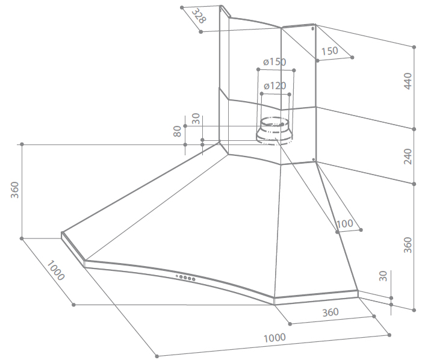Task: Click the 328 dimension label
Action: tap(199, 16)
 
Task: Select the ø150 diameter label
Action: tap(274, 62)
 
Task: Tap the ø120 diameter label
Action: tap(275, 86)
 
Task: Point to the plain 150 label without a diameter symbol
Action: tap(330, 51)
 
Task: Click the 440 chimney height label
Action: tap(408, 81)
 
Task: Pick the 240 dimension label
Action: tap(408, 157)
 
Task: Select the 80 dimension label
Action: tap(178, 131)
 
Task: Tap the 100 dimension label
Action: tap(345, 224)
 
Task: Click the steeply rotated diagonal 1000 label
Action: tap(56, 270)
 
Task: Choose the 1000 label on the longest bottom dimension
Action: tap(274, 338)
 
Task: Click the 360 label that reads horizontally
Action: tap(330, 312)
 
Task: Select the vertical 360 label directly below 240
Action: tap(408, 245)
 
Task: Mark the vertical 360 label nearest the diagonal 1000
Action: tap(14, 190)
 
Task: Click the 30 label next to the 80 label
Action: tap(196, 119)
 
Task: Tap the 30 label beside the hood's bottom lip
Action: tap(383, 276)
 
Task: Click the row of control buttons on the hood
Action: tap(185, 278)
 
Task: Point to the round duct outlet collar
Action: tap(274, 131)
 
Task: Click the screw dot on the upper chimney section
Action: tap(312, 28)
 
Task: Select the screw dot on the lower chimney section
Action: tap(314, 160)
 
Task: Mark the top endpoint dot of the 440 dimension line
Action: tap(414, 47)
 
